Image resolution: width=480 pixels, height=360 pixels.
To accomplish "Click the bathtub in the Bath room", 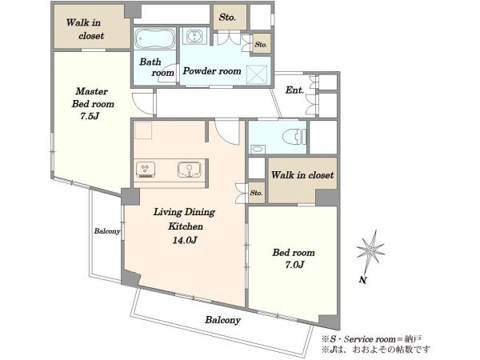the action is click(x=154, y=38).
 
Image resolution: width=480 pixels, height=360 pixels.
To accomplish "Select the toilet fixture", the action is click(x=294, y=137).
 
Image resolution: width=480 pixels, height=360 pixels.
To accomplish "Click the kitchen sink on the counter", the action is click(x=190, y=170).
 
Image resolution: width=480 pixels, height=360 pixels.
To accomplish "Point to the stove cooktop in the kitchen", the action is click(x=146, y=170).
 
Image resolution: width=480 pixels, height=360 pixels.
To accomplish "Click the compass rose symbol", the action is click(x=370, y=252).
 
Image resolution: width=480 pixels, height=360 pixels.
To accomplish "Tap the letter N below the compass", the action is click(x=363, y=280).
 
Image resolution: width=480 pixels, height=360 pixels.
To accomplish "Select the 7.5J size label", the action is click(x=90, y=116).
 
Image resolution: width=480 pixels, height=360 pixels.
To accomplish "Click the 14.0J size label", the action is click(x=184, y=240).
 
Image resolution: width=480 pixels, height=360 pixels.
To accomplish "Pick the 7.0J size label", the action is click(x=294, y=265).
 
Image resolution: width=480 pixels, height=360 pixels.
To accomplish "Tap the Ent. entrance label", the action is click(x=294, y=90).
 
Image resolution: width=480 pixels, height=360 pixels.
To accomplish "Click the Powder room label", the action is click(x=212, y=71).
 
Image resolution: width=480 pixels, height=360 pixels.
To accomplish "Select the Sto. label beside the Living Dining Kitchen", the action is click(x=256, y=193).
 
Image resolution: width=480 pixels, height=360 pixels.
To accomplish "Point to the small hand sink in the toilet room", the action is click(x=257, y=149).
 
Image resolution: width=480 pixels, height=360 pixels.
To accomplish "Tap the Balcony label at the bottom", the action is click(x=222, y=320).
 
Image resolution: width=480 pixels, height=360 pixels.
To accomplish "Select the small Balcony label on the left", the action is click(x=107, y=231).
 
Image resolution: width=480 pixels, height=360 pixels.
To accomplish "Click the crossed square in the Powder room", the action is click(x=257, y=74).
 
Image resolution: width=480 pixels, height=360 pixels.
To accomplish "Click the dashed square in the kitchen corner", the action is click(x=143, y=130).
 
